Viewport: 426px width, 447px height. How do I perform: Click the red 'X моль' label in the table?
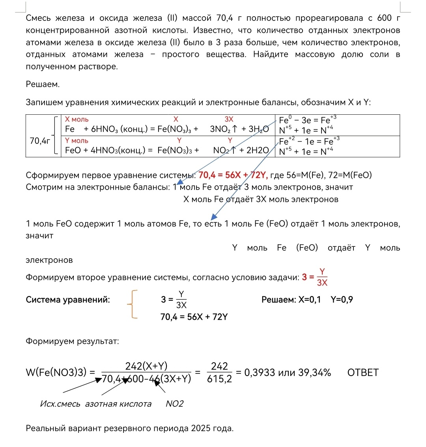click(x=77, y=119)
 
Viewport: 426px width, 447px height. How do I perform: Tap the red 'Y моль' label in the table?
click(x=77, y=141)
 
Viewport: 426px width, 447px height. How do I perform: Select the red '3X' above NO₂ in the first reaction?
click(x=229, y=119)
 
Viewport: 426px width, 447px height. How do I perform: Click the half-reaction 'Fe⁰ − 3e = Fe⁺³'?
click(x=307, y=120)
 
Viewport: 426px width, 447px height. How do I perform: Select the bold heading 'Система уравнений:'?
click(x=68, y=300)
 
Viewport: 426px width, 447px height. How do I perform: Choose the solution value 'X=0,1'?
click(x=309, y=300)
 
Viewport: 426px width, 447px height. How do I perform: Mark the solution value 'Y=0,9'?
click(x=342, y=300)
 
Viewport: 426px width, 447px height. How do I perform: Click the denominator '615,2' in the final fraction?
click(x=219, y=379)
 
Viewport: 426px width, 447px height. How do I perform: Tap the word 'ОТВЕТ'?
click(x=363, y=372)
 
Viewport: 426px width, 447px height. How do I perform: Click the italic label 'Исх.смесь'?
click(x=60, y=404)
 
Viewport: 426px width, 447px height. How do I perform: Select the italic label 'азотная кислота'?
click(x=118, y=404)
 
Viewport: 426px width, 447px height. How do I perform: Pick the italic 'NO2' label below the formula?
click(x=175, y=404)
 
